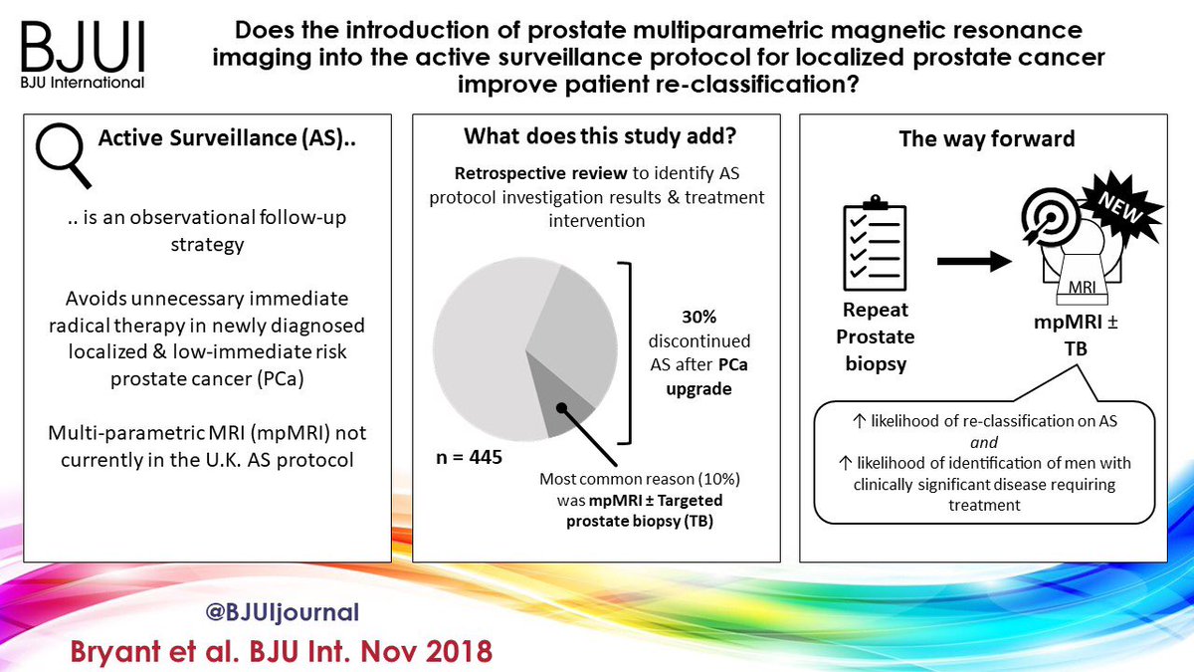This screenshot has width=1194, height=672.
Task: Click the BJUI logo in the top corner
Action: [x=79, y=50]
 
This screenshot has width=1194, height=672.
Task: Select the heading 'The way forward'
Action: [x=986, y=139]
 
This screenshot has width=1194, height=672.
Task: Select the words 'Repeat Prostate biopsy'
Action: [x=877, y=336]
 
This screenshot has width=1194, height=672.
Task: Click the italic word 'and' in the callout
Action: [x=984, y=443]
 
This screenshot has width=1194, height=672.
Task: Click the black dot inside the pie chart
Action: [x=560, y=407]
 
